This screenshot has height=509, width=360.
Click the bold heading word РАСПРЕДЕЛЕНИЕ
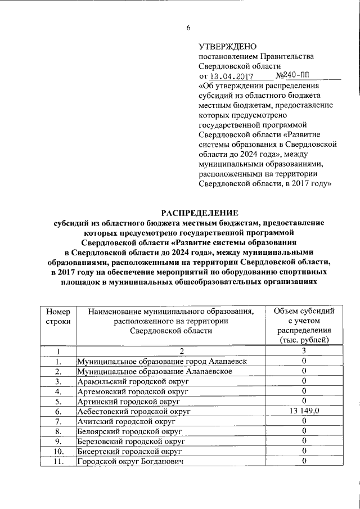coord(200,213)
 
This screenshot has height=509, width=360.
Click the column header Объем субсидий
coord(303,310)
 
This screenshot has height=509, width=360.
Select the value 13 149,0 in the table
coord(303,412)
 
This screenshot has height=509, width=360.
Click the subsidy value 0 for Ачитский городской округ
coord(303,421)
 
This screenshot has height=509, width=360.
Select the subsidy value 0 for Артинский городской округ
coord(303,402)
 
